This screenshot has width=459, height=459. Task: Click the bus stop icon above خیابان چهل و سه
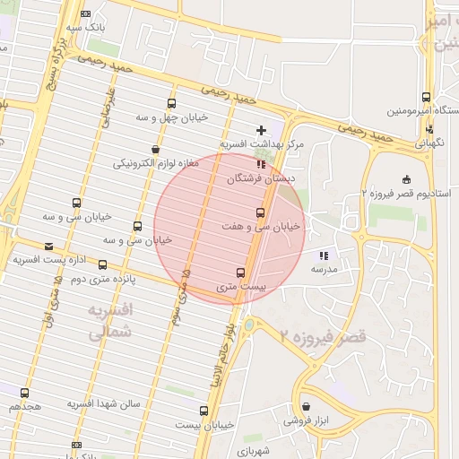(x=171, y=104)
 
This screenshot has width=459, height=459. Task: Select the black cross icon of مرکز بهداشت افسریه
(x=261, y=130)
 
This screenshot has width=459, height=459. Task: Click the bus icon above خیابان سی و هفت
(x=260, y=212)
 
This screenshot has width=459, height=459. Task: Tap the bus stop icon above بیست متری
(x=240, y=273)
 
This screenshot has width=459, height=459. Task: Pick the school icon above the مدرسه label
(x=324, y=255)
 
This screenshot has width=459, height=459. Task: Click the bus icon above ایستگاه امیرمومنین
(x=425, y=97)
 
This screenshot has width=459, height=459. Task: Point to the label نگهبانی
(x=429, y=142)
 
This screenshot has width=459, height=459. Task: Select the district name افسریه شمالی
(x=110, y=320)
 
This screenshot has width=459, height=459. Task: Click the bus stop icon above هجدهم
(x=24, y=393)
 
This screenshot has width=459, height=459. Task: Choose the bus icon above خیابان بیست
(x=204, y=411)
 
